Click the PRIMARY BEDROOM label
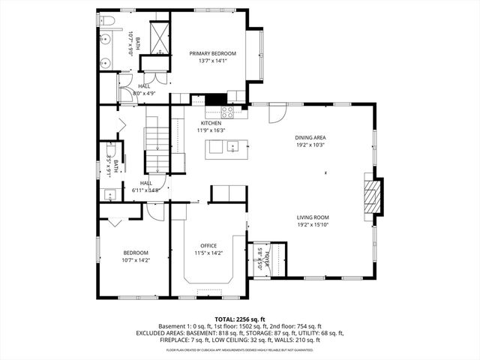[x=212, y=53]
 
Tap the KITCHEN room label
[x=211, y=123]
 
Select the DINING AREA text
[x=310, y=137]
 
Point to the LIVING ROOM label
[x=313, y=217]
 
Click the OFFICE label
[x=208, y=245]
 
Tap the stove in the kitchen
[x=227, y=112]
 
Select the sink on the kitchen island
[x=232, y=145]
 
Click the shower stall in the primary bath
[x=160, y=37]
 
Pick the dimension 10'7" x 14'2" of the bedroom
[x=135, y=260]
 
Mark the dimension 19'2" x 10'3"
[x=310, y=145]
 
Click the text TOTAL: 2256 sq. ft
[x=239, y=319]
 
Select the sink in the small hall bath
[x=109, y=196]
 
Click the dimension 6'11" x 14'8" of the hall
[x=147, y=190]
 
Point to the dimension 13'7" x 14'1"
[x=212, y=61]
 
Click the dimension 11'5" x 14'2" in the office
[x=208, y=253]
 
